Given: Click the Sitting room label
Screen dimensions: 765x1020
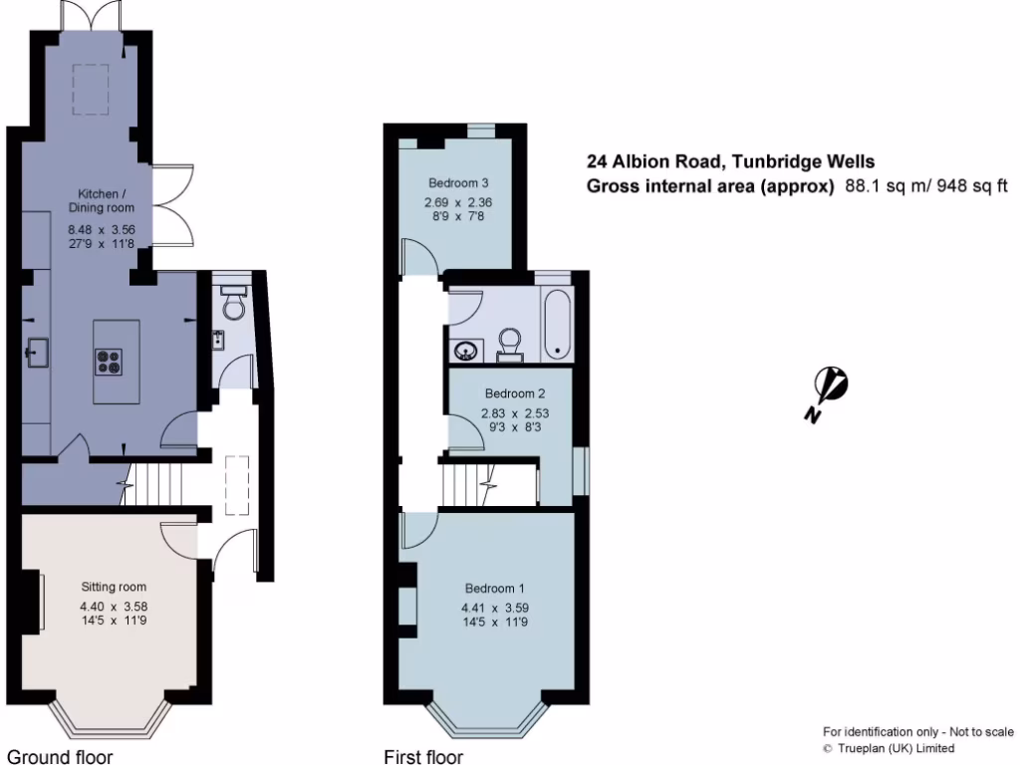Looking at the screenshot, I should click(x=114, y=587).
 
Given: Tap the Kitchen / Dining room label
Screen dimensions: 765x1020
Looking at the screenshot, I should click(x=102, y=200).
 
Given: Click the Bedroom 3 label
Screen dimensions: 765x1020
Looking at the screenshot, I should click(x=458, y=183).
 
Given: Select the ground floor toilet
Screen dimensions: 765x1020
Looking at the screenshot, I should click(x=233, y=303).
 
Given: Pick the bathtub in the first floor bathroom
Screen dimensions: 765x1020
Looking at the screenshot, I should click(x=557, y=326).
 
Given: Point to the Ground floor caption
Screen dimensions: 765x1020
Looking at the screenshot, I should click(x=60, y=756).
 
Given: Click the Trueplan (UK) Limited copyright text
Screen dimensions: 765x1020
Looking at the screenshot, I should click(x=889, y=748).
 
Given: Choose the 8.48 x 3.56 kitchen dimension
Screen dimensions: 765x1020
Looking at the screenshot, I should click(x=102, y=229).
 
